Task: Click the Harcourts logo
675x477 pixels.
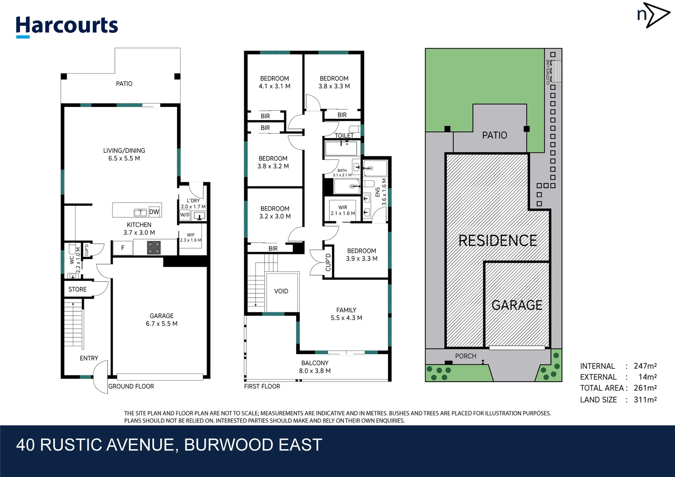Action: (67, 26)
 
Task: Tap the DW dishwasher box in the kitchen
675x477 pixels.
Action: (154, 212)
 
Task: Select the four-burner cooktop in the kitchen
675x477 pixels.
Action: (154, 248)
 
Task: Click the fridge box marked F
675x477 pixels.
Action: (123, 248)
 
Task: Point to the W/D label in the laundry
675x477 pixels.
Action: (185, 215)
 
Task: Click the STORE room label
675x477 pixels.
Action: (77, 289)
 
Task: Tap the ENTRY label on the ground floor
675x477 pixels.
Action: (89, 358)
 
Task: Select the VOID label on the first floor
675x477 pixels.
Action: (281, 291)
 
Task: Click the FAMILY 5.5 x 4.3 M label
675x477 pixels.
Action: (347, 314)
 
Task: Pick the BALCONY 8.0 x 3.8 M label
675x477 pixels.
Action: (315, 367)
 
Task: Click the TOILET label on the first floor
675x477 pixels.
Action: (344, 135)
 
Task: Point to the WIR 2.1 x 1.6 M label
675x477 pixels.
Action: (343, 210)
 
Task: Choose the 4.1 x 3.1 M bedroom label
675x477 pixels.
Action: (275, 82)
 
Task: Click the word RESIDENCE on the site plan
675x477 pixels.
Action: (498, 241)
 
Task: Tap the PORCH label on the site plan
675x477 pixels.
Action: (466, 356)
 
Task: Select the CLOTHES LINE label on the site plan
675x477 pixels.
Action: (548, 72)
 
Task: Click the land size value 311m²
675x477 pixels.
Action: (645, 400)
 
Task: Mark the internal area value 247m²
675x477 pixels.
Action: (645, 366)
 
